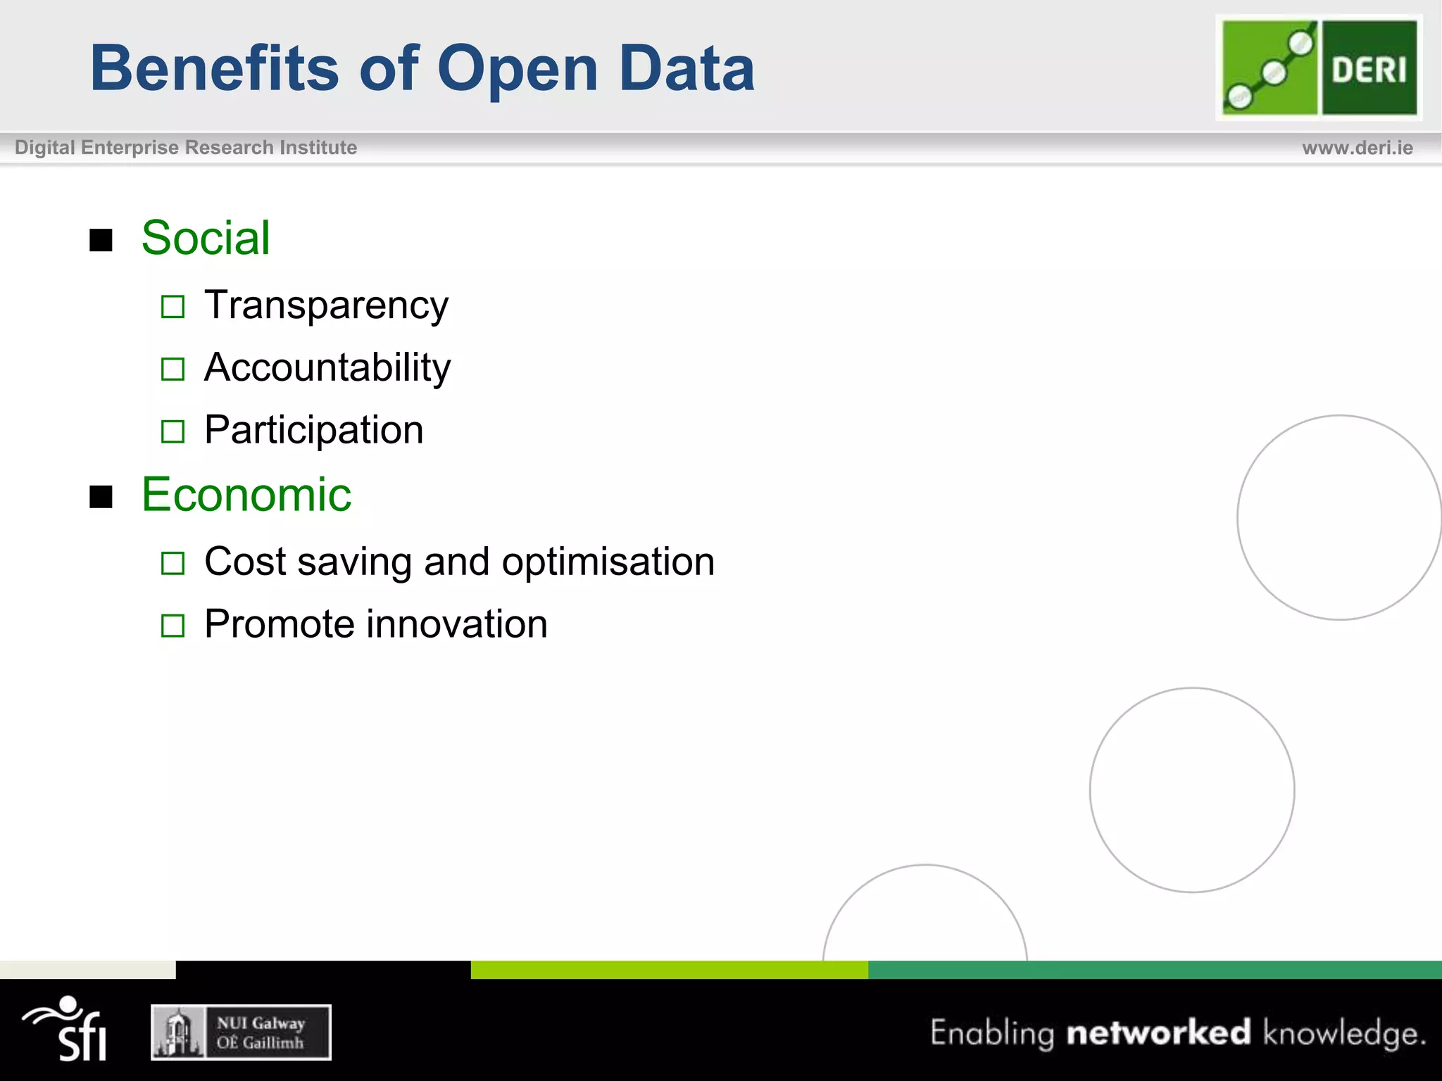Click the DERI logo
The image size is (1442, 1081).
(1319, 68)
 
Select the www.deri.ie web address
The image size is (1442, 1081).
(1357, 148)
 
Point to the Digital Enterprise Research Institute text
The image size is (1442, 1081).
(186, 148)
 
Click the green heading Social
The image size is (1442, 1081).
(206, 238)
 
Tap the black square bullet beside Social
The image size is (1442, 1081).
(101, 241)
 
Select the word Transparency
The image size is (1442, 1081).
(326, 305)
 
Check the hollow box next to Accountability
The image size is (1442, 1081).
(173, 369)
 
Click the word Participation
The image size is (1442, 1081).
(314, 430)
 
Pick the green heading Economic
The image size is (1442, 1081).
(246, 495)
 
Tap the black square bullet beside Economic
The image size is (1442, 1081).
(101, 497)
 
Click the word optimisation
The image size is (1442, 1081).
(608, 562)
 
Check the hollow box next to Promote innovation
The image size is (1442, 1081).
(173, 626)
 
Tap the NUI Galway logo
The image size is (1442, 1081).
(241, 1032)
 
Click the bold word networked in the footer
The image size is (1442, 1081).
(1158, 1032)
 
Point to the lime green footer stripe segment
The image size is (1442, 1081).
(669, 970)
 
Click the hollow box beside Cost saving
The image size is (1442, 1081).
(173, 563)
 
